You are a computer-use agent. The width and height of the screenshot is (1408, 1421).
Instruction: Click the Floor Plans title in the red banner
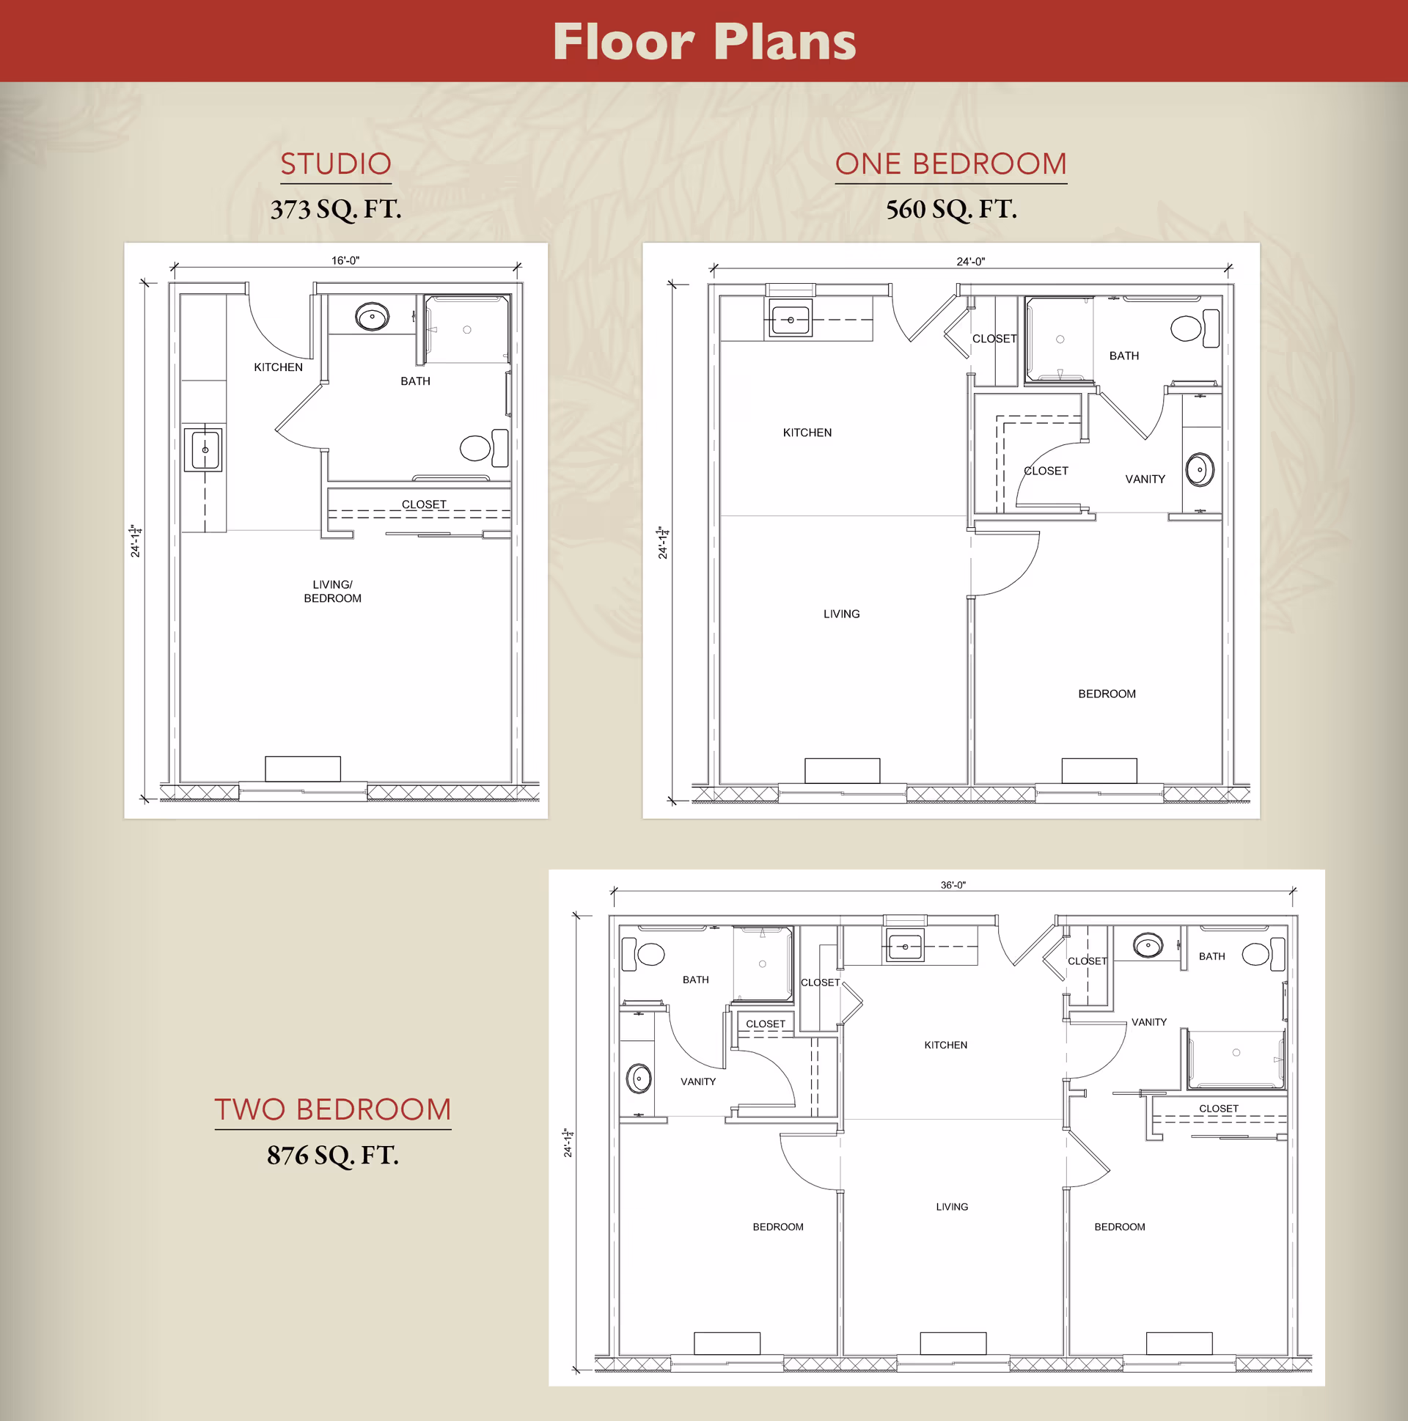[704, 42]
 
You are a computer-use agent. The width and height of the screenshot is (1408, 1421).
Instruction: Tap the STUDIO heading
[335, 164]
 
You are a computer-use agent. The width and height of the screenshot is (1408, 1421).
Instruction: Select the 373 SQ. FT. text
[335, 210]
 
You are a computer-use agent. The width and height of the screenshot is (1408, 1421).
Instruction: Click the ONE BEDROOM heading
[950, 164]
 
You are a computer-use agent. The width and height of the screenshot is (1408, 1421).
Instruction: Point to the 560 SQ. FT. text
[951, 210]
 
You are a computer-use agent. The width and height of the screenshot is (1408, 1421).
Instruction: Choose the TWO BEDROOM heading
[332, 1109]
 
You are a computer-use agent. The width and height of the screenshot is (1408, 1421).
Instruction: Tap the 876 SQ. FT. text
[332, 1156]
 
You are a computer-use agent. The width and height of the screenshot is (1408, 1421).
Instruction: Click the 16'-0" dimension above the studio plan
[345, 260]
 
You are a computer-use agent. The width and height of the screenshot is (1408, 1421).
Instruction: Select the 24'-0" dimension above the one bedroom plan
[970, 261]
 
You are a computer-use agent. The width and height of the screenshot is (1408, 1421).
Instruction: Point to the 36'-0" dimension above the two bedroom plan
[953, 885]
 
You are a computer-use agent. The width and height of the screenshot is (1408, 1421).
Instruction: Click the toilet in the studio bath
[484, 448]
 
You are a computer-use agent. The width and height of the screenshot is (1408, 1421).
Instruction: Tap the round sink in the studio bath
[373, 317]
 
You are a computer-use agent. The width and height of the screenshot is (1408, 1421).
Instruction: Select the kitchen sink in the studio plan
[204, 449]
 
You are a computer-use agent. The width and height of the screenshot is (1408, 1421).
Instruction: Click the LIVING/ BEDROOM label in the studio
[332, 591]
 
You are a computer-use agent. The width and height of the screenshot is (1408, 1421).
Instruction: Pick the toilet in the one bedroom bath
[1195, 328]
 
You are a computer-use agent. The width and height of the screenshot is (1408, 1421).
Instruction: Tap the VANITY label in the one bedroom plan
[1145, 479]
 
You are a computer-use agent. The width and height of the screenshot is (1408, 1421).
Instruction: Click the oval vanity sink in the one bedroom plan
[1200, 469]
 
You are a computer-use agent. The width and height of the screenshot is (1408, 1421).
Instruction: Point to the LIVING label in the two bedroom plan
[952, 1206]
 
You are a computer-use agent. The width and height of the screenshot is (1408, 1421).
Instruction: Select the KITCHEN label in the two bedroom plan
[945, 1044]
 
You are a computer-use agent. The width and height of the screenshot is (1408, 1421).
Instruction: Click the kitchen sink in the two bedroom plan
[905, 947]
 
